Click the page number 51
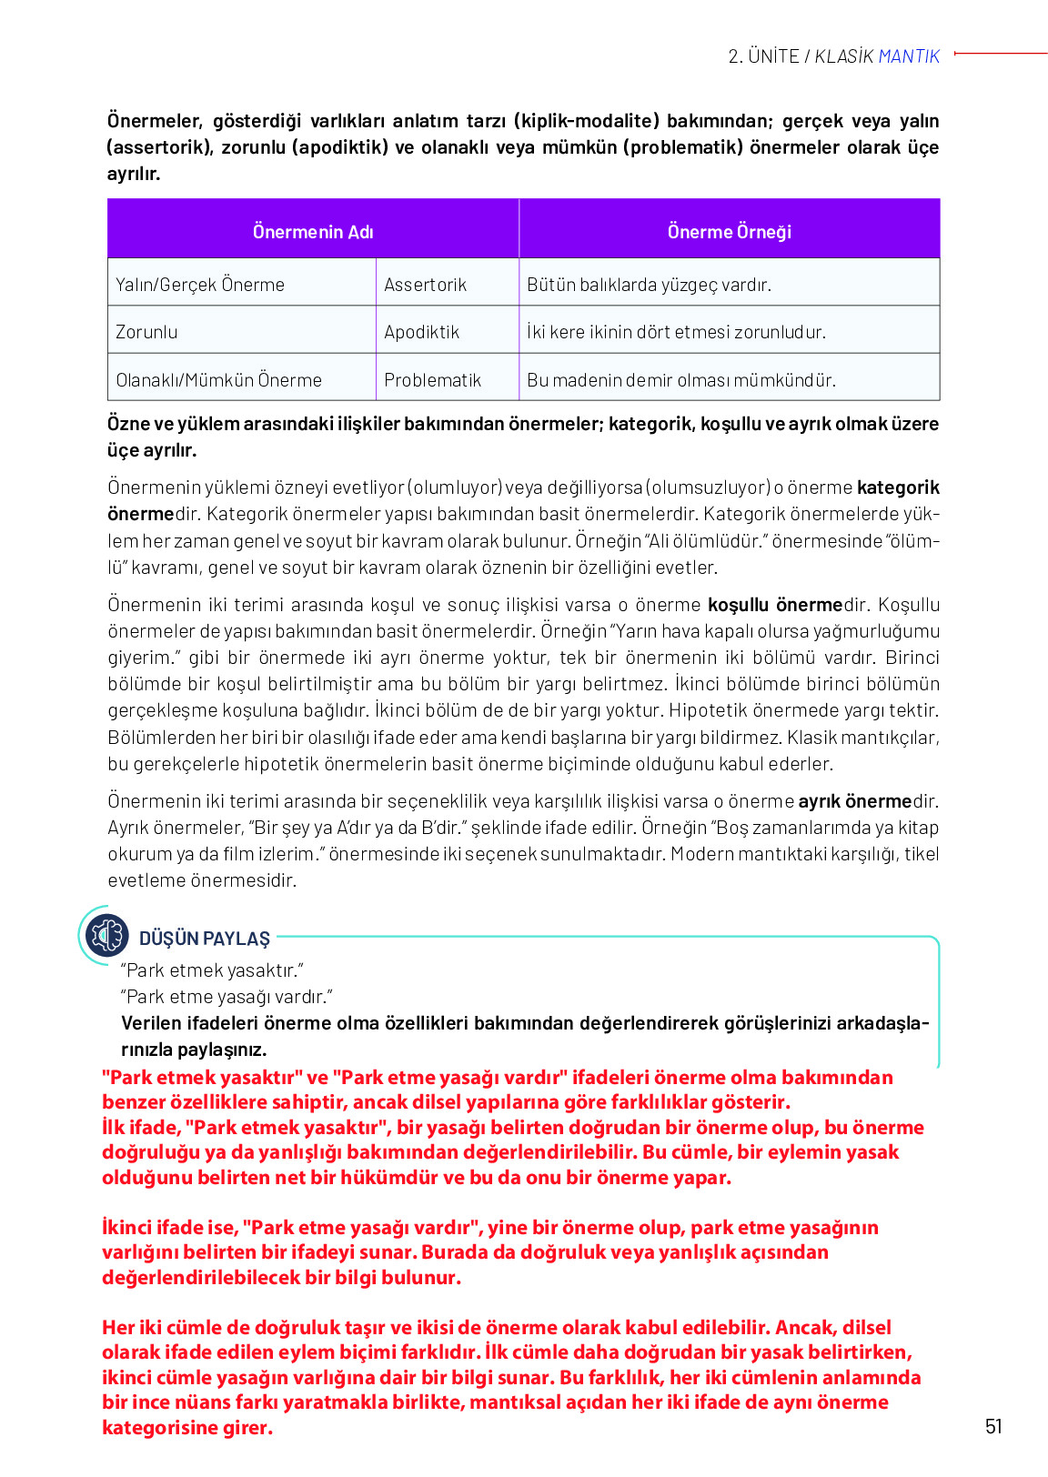click(x=993, y=1426)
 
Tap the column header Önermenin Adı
click(x=313, y=232)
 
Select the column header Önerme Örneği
click(x=729, y=232)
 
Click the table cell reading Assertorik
click(x=425, y=285)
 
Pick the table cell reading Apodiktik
click(x=421, y=332)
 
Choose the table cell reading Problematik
click(x=432, y=380)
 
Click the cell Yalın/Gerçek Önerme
click(x=200, y=285)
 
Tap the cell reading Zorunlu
click(x=146, y=332)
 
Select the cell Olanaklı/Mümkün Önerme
click(x=218, y=380)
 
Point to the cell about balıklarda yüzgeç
click(x=649, y=285)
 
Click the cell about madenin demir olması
click(x=680, y=380)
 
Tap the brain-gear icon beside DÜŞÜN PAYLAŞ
click(x=106, y=935)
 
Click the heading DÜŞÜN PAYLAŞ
click(x=205, y=939)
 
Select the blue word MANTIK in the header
click(x=909, y=56)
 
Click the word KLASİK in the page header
click(x=843, y=56)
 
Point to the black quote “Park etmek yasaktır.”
click(x=212, y=970)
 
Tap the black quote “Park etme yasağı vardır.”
click(x=227, y=997)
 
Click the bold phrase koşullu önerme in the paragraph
click(x=775, y=605)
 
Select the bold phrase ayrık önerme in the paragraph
click(x=854, y=801)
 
